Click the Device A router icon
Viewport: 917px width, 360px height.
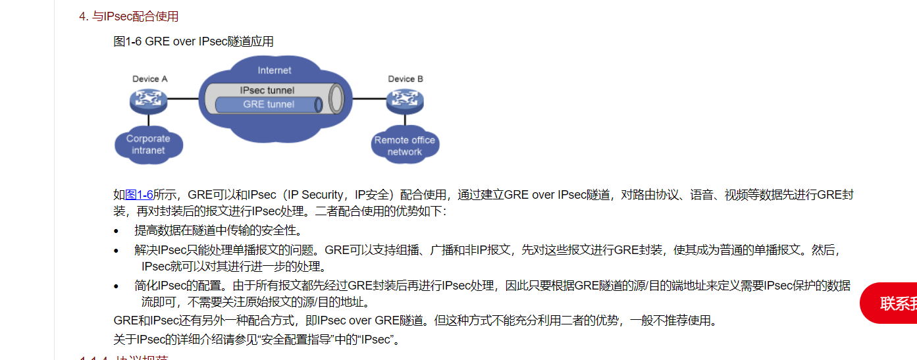[x=149, y=100]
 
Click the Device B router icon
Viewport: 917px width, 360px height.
[x=405, y=100]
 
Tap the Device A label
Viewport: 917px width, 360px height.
[x=150, y=79]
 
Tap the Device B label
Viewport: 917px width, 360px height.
[x=406, y=79]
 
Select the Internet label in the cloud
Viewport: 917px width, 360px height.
[x=275, y=70]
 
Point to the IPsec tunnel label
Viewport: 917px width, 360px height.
[x=267, y=90]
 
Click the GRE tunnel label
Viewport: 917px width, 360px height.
[x=269, y=104]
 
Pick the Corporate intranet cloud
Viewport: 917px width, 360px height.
[x=148, y=145]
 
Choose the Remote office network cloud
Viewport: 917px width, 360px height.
[x=404, y=146]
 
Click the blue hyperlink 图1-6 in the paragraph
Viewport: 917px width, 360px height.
[x=139, y=195]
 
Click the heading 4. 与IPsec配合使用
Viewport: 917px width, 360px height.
[x=129, y=16]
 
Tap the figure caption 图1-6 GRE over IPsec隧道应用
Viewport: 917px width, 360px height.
[x=194, y=41]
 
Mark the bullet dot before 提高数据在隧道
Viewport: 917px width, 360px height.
[x=117, y=231]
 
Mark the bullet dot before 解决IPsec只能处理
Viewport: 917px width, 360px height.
[x=117, y=251]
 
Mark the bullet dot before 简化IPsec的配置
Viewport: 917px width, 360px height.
[x=117, y=286]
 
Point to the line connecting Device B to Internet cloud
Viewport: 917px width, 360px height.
[x=369, y=99]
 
